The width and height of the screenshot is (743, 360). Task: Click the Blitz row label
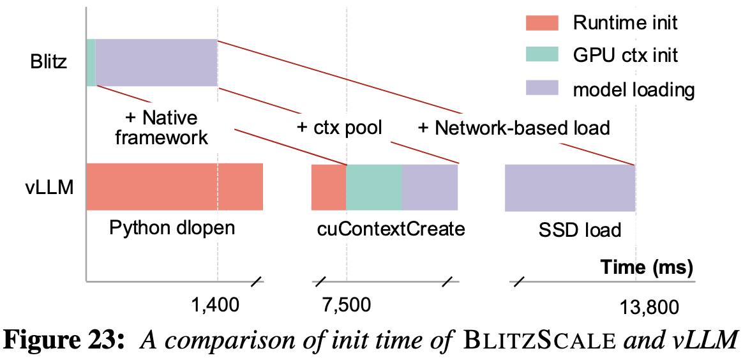pos(49,63)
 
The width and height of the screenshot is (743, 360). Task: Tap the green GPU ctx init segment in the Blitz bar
pos(91,63)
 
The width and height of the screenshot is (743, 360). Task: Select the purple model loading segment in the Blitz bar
pos(156,63)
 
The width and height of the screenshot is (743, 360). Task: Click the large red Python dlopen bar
pos(174,187)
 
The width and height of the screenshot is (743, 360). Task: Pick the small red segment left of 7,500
pos(328,187)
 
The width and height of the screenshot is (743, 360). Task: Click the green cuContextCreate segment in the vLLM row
pos(374,187)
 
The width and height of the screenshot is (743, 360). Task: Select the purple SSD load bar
pos(570,188)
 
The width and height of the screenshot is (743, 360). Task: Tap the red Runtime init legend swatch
pos(541,24)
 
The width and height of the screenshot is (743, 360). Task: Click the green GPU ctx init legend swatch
pos(541,55)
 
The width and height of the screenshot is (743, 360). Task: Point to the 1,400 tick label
pos(216,305)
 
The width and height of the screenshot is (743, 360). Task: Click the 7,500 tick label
pos(347,305)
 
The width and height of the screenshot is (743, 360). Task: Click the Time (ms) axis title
pos(647,267)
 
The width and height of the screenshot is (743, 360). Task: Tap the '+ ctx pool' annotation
pos(339,127)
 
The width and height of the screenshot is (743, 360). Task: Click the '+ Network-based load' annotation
pos(514,128)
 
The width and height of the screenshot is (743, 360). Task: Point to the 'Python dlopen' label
pos(172,228)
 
